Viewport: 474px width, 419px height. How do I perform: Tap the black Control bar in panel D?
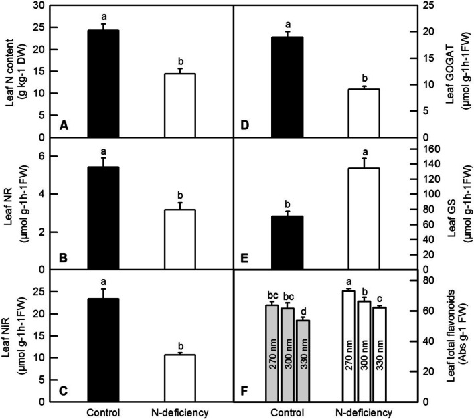coord(286,87)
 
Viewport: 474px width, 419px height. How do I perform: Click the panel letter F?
coord(246,389)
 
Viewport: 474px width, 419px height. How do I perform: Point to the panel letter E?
coord(246,257)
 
